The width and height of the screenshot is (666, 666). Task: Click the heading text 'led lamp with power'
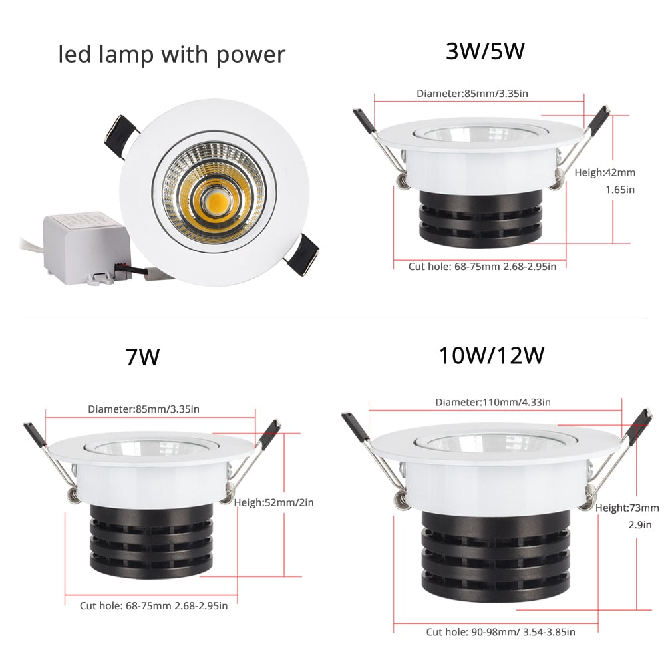click(x=172, y=54)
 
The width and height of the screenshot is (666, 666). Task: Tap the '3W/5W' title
click(x=486, y=51)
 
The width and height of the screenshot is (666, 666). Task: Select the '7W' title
click(x=142, y=357)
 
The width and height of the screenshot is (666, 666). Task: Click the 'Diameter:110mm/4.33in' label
click(x=493, y=402)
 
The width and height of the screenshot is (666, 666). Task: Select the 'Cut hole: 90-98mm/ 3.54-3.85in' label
click(x=500, y=632)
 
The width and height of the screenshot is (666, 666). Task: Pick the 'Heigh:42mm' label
click(x=605, y=172)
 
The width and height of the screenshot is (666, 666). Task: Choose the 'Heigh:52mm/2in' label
click(x=273, y=502)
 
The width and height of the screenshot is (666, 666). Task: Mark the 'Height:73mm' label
click(x=627, y=508)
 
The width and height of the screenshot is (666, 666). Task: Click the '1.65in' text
click(x=619, y=190)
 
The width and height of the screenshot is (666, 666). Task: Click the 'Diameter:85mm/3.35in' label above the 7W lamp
click(x=143, y=409)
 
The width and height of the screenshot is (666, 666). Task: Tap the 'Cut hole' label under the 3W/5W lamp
click(x=482, y=266)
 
